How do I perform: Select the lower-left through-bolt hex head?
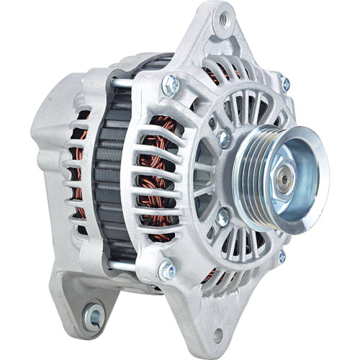pyautogui.click(x=166, y=271)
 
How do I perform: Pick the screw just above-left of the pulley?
pyautogui.click(x=224, y=137)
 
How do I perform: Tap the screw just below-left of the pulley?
pyautogui.click(x=223, y=215)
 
